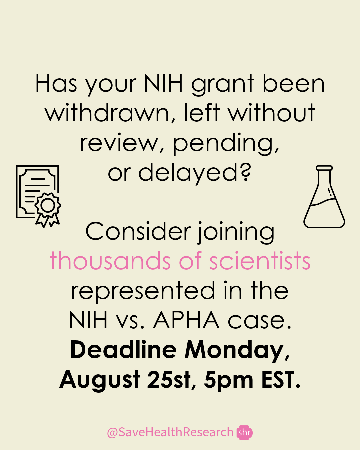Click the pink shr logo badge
245,433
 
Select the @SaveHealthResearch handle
170,432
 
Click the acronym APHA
186,320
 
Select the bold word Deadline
123,350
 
